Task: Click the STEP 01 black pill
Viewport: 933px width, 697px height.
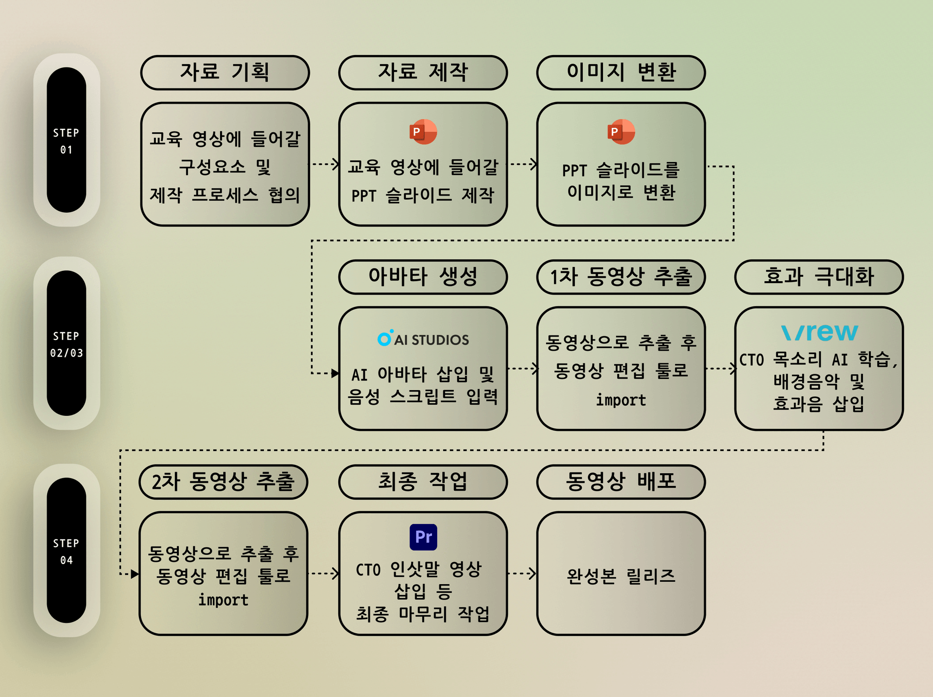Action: pyautogui.click(x=67, y=140)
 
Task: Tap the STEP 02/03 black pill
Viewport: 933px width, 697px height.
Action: pyautogui.click(x=67, y=343)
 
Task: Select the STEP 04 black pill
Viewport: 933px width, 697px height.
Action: pyautogui.click(x=67, y=550)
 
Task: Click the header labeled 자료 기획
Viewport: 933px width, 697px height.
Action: pyautogui.click(x=225, y=72)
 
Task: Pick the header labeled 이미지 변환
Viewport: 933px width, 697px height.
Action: pyautogui.click(x=621, y=72)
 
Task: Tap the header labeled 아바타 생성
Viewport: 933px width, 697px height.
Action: pyautogui.click(x=423, y=277)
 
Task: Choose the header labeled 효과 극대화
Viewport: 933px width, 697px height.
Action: pyautogui.click(x=819, y=277)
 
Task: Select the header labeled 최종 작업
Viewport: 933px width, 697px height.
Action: pyautogui.click(x=423, y=482)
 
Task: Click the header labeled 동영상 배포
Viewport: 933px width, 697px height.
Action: pyautogui.click(x=621, y=482)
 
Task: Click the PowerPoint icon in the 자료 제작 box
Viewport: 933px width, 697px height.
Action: pyautogui.click(x=423, y=132)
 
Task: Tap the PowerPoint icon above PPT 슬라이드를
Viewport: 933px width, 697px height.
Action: pyautogui.click(x=621, y=132)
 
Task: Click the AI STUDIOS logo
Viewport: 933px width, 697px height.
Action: pyautogui.click(x=423, y=339)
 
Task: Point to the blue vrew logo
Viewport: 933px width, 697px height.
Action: pyautogui.click(x=819, y=333)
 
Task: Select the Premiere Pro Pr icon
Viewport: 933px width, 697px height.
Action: pyautogui.click(x=423, y=537)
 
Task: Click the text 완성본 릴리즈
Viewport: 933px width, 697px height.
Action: pyautogui.click(x=621, y=576)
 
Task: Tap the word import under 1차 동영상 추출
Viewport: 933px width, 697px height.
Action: pyautogui.click(x=621, y=400)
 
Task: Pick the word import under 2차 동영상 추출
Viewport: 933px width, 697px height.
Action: pyautogui.click(x=224, y=600)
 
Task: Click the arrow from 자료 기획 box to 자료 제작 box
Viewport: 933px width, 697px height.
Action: pyautogui.click(x=325, y=164)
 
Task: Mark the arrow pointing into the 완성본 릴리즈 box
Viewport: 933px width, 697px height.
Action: pyautogui.click(x=522, y=573)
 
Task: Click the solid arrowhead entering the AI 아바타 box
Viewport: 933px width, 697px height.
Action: pyautogui.click(x=335, y=373)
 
